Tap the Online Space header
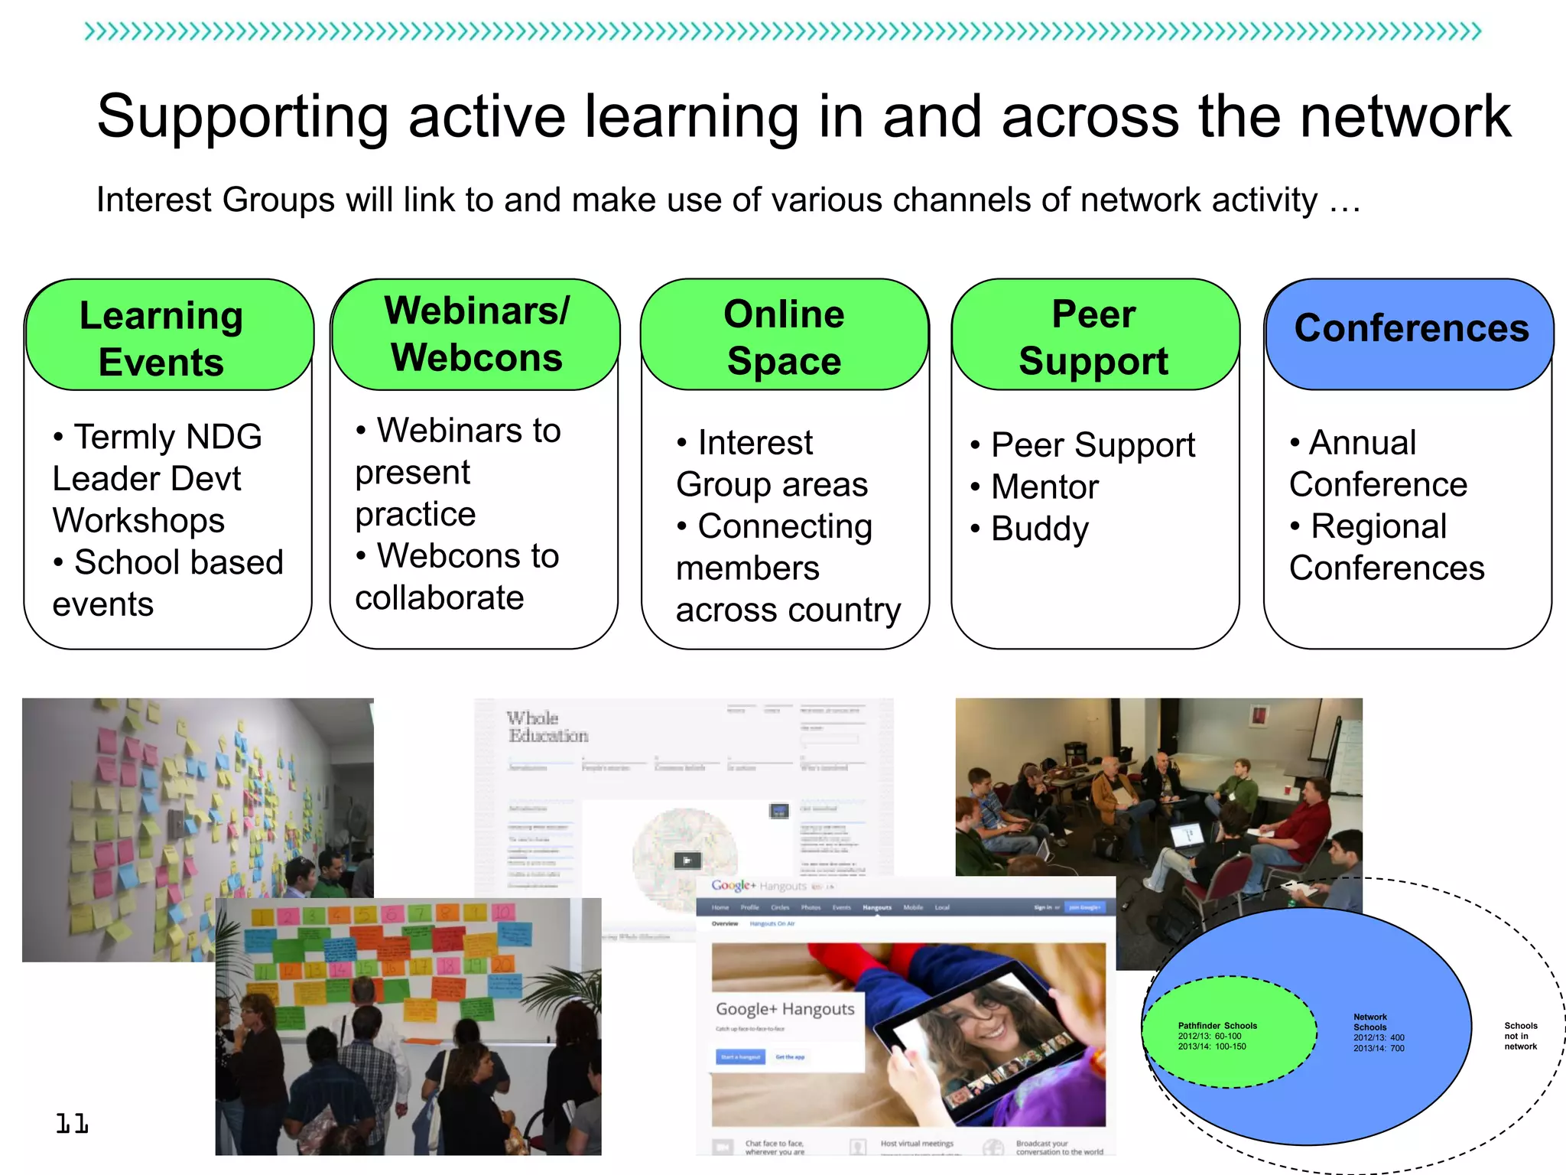click(x=785, y=337)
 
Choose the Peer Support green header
click(x=1094, y=337)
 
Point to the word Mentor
click(x=1045, y=487)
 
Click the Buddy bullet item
click(x=1039, y=529)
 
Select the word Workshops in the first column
click(x=138, y=521)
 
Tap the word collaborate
click(x=440, y=598)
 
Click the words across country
click(x=788, y=610)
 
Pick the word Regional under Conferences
click(x=1378, y=526)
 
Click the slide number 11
click(x=72, y=1123)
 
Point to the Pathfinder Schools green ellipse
click(x=1229, y=1033)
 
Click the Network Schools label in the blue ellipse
click(x=1371, y=1023)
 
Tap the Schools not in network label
click(x=1520, y=1036)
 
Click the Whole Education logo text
click(x=547, y=727)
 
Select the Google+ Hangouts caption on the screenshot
click(x=785, y=1009)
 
